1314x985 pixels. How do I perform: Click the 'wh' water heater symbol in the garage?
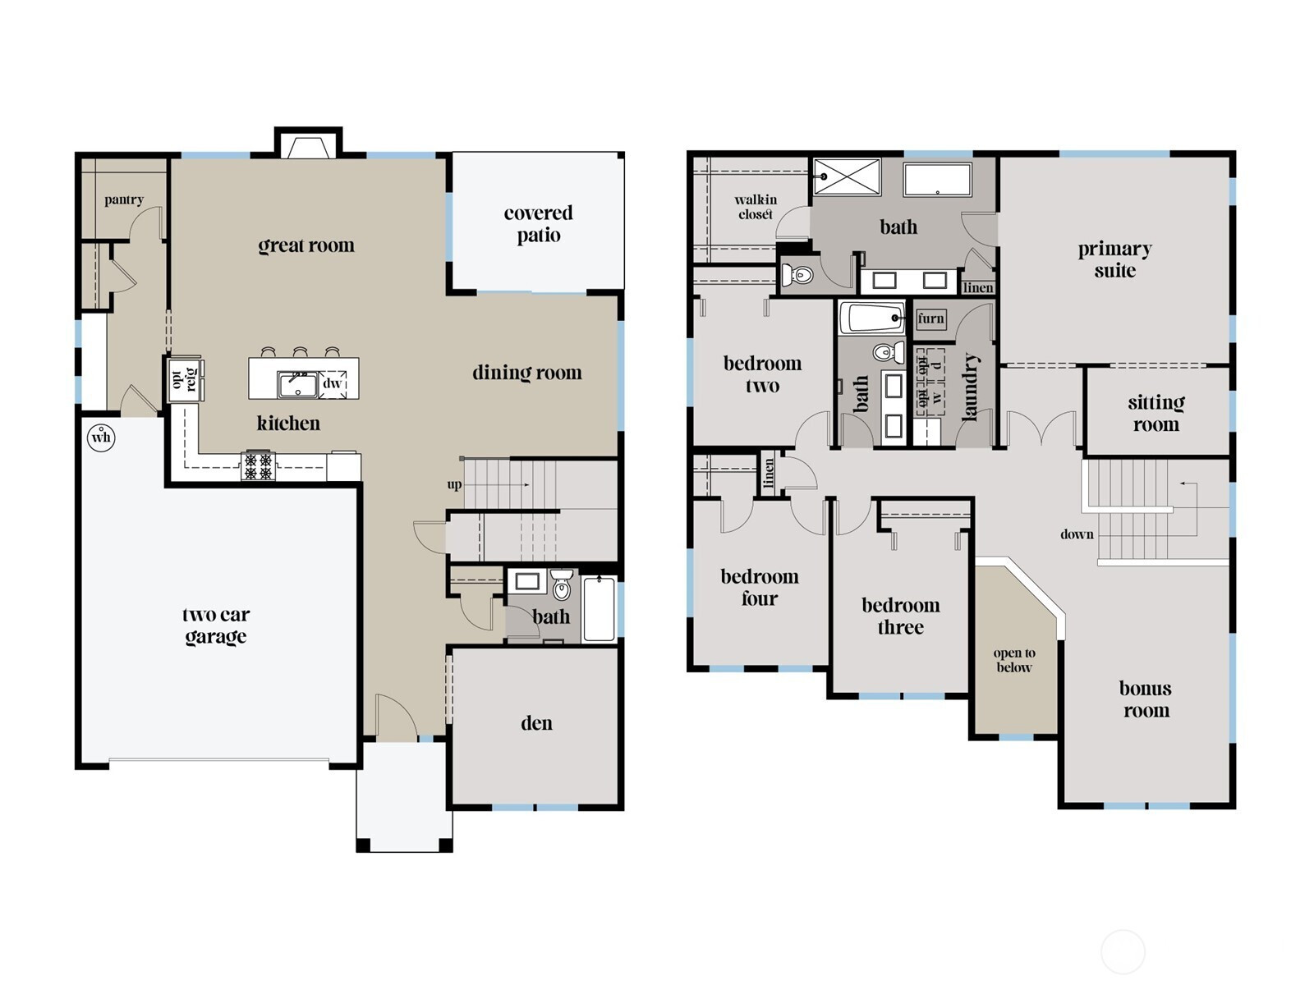tap(101, 437)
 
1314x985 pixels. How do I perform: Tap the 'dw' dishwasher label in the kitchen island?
tap(332, 383)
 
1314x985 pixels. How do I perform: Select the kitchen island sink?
tap(296, 384)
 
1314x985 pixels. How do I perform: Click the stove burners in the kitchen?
tap(258, 466)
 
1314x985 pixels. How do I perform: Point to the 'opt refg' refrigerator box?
tap(185, 379)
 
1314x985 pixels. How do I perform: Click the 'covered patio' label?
tap(538, 224)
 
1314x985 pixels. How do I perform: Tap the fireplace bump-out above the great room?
tap(308, 144)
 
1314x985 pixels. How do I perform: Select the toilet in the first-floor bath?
tap(562, 586)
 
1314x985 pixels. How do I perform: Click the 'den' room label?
tap(536, 723)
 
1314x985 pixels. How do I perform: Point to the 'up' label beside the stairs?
tap(454, 484)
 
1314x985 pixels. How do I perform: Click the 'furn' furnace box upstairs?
tap(930, 318)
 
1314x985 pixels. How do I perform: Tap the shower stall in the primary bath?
tap(847, 176)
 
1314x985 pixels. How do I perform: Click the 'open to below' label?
tap(1014, 660)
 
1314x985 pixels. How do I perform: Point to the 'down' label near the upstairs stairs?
tap(1076, 534)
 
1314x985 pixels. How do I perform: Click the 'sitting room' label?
tap(1155, 413)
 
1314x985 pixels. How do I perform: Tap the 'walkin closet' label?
tap(756, 206)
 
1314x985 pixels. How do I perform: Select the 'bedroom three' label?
tap(900, 616)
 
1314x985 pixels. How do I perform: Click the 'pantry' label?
tap(124, 199)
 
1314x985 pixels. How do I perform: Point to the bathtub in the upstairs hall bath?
tap(872, 318)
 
